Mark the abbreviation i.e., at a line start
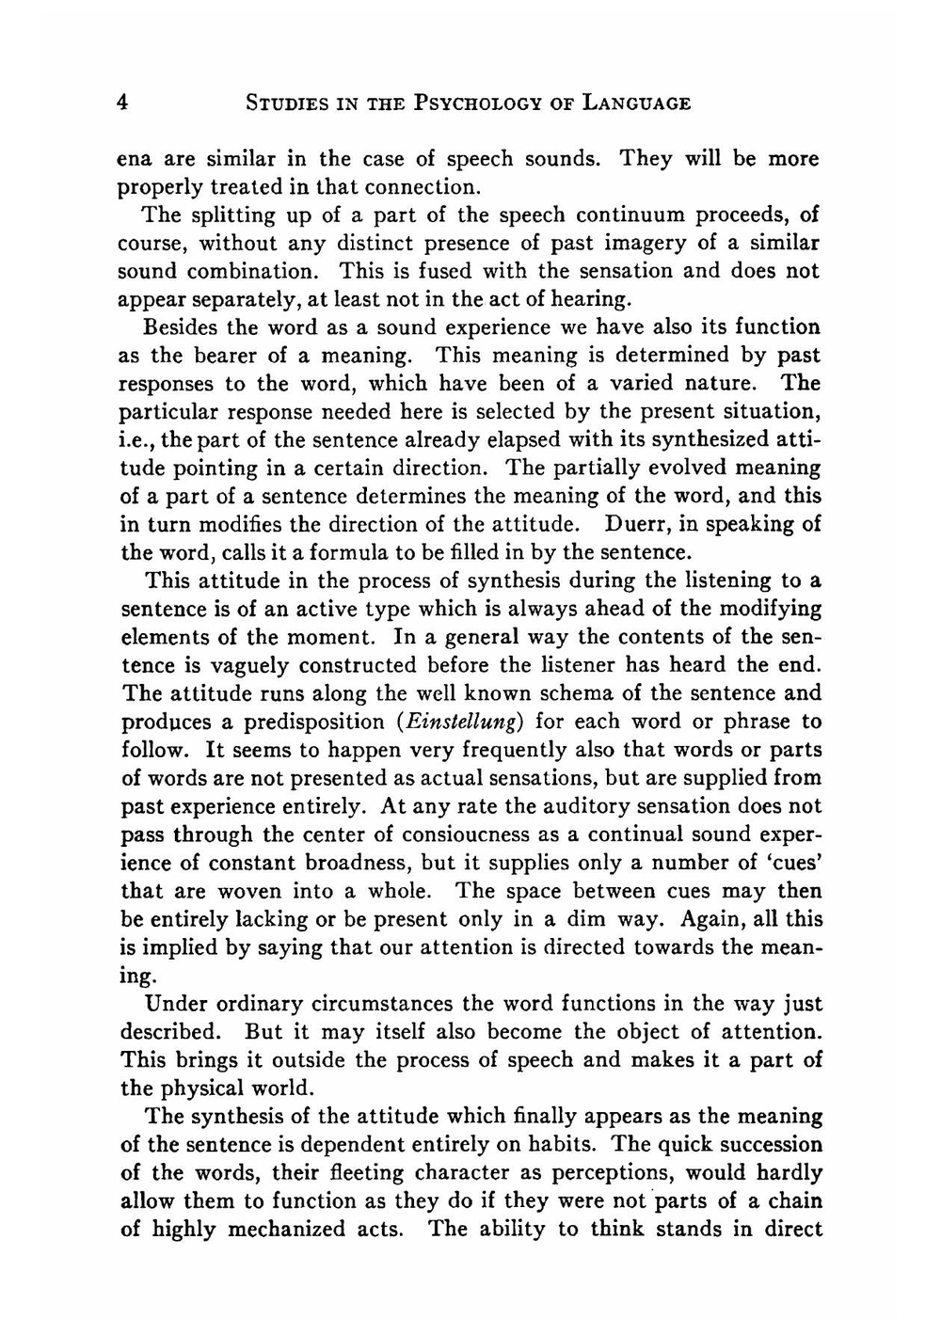tap(137, 439)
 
